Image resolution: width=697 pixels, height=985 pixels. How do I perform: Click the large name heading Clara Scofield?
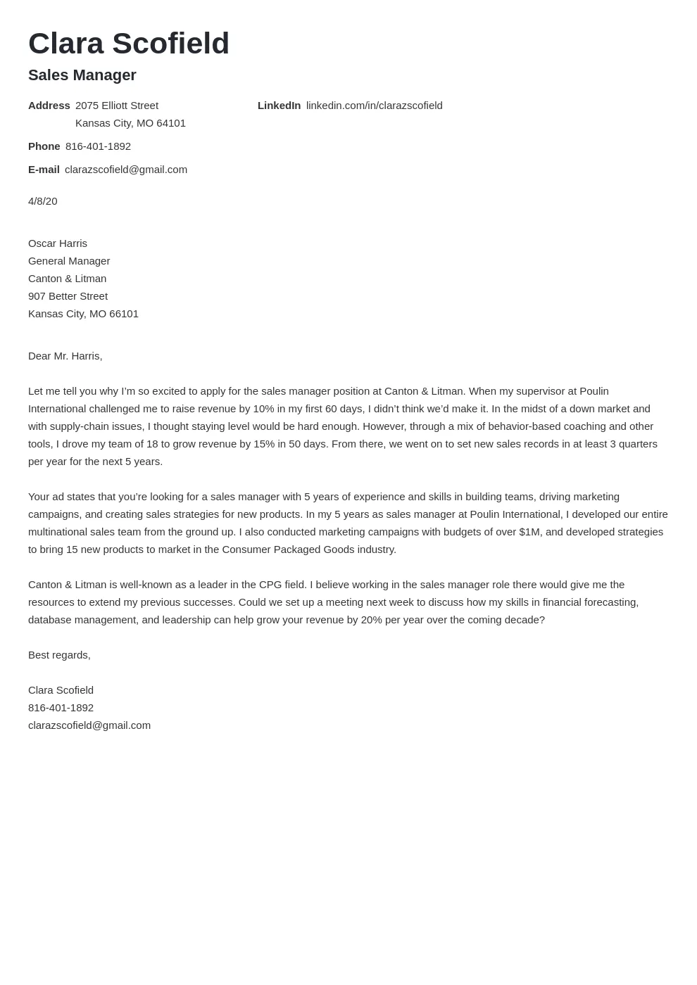click(x=129, y=44)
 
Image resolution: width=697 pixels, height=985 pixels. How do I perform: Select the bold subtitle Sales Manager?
click(x=82, y=75)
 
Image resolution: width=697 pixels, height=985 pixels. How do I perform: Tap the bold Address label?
click(x=49, y=106)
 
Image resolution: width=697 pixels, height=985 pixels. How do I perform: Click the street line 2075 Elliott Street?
click(x=117, y=106)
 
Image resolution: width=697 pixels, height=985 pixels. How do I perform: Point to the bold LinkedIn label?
click(x=279, y=106)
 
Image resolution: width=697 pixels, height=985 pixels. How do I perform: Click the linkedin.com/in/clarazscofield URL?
click(x=374, y=106)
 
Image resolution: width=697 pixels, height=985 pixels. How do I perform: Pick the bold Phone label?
click(x=44, y=146)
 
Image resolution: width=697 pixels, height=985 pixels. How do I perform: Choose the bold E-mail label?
click(x=44, y=170)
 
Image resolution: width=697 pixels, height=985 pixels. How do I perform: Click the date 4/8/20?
click(x=43, y=201)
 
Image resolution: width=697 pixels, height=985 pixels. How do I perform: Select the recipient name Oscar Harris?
click(x=58, y=243)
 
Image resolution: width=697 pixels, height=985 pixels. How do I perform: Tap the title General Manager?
click(x=69, y=261)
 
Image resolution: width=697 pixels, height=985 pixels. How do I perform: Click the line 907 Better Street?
click(x=68, y=296)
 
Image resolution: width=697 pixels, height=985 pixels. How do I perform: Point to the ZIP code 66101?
click(x=124, y=314)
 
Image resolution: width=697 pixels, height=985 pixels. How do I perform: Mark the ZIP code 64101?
click(x=171, y=123)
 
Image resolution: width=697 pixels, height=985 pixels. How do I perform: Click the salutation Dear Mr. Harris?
click(x=65, y=356)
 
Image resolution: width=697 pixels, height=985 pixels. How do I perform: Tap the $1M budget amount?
click(x=530, y=532)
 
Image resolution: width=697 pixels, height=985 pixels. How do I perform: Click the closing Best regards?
click(x=59, y=655)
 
